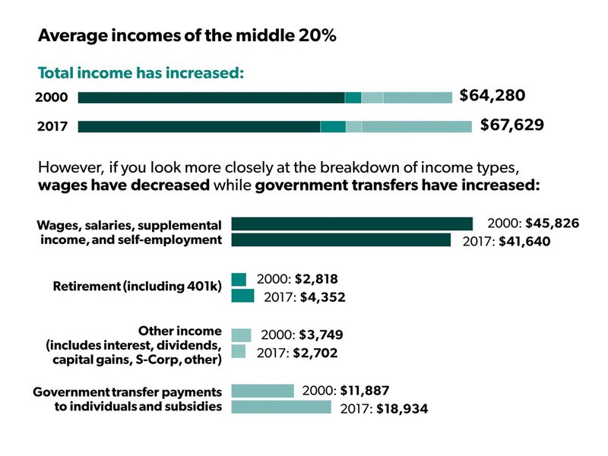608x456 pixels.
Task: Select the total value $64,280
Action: click(x=492, y=96)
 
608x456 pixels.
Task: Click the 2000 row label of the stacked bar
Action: click(x=52, y=97)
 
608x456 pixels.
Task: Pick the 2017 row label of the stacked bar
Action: click(x=52, y=126)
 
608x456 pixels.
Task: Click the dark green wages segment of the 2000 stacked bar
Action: click(x=211, y=97)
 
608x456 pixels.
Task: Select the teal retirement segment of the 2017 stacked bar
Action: click(x=333, y=126)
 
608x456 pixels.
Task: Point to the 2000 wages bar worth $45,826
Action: click(x=352, y=223)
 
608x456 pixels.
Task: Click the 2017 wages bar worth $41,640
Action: click(x=340, y=240)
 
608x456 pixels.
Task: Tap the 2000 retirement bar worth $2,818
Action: click(x=239, y=280)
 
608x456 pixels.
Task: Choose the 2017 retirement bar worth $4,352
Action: click(x=242, y=296)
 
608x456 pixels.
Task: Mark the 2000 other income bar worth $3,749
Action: click(x=241, y=335)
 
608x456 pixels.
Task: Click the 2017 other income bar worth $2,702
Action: click(x=239, y=351)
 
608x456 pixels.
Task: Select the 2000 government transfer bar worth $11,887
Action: click(x=262, y=391)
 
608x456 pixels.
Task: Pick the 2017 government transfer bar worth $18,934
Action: click(x=281, y=407)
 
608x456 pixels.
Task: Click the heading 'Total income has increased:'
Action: click(x=141, y=74)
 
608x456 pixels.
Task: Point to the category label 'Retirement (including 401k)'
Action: click(x=137, y=287)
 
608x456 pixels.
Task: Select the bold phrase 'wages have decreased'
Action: click(x=124, y=185)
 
